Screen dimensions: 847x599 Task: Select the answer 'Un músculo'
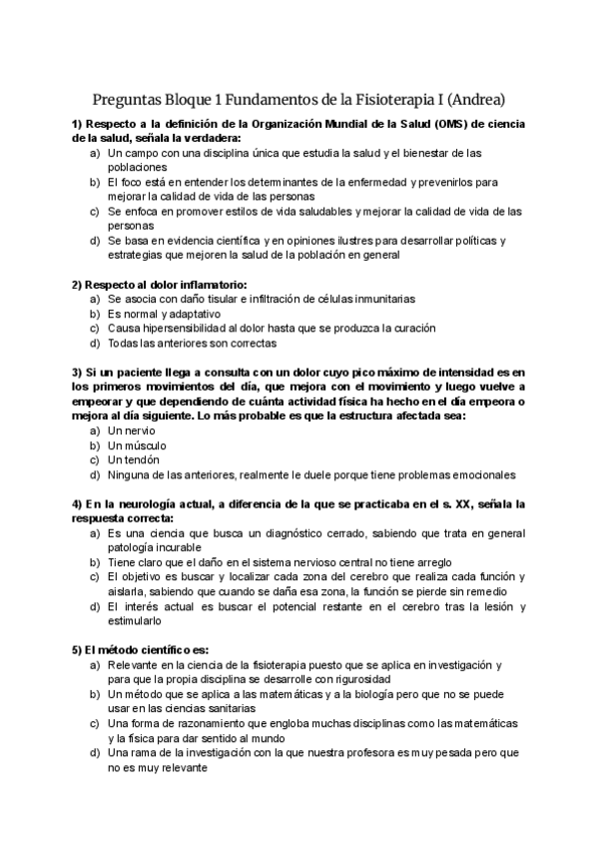click(x=137, y=445)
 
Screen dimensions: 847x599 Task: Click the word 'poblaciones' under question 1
click(x=138, y=168)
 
